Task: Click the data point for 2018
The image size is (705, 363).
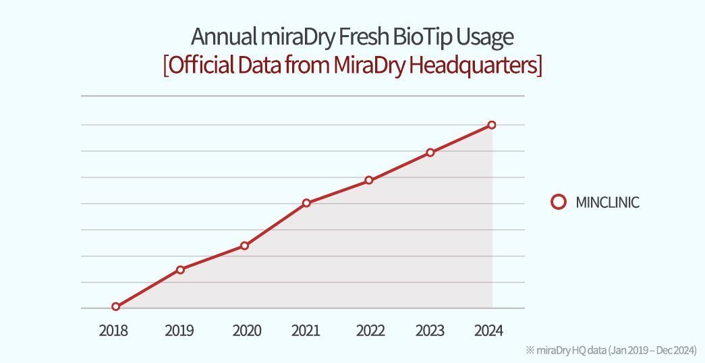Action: [x=116, y=306]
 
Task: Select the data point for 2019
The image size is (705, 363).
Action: [x=180, y=270]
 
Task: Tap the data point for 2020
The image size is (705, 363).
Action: [x=244, y=246]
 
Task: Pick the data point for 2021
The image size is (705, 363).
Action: [x=306, y=202]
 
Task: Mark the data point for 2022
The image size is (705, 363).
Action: [x=369, y=180]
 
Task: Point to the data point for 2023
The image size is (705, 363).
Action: [x=430, y=152]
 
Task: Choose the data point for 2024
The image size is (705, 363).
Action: [x=492, y=125]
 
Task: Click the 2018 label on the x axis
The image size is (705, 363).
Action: [x=113, y=331]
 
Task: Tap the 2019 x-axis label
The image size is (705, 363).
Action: [x=179, y=331]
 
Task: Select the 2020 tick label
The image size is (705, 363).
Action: [x=246, y=331]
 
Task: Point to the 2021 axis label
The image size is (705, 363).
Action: [x=306, y=331]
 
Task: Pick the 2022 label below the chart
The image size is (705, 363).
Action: [x=370, y=331]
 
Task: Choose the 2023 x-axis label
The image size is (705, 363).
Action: [x=430, y=331]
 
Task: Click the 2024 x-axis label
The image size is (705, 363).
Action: [x=488, y=331]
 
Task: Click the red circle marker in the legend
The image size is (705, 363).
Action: [x=559, y=202]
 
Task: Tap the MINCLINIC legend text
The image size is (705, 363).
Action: [x=607, y=202]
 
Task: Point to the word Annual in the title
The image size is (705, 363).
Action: [x=218, y=36]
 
